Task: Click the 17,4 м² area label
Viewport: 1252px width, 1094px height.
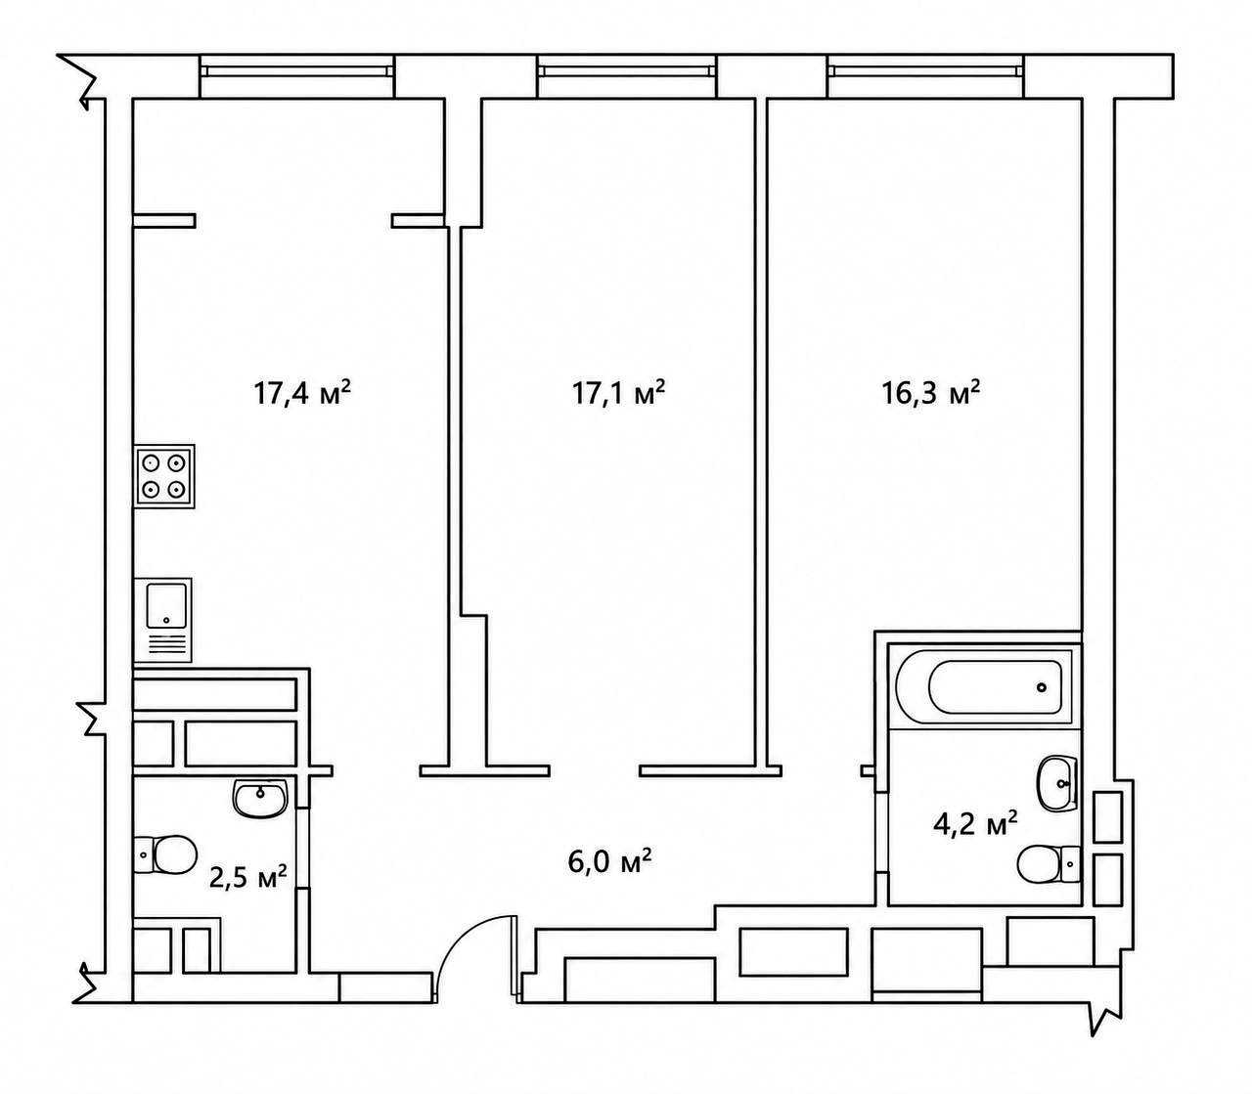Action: (x=302, y=393)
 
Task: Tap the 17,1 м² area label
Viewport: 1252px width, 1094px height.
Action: (x=618, y=393)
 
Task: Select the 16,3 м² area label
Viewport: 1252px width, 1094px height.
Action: (x=931, y=393)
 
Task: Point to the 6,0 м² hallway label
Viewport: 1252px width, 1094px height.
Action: (x=608, y=862)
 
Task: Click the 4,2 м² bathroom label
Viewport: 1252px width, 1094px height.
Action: (x=975, y=825)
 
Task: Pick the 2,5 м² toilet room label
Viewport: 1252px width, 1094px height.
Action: (x=247, y=878)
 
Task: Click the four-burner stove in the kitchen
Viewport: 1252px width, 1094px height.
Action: (x=164, y=476)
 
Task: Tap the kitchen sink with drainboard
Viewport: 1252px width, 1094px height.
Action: (x=162, y=620)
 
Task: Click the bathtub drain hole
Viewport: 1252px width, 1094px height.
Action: (x=1042, y=687)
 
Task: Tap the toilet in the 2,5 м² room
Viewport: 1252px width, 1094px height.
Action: (x=165, y=854)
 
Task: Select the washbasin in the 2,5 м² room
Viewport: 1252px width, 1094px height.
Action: (x=260, y=797)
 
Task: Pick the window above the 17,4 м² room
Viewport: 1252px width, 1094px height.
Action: (x=296, y=71)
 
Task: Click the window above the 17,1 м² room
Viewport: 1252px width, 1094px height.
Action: (x=627, y=71)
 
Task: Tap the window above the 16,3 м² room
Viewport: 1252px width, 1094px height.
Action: (x=925, y=71)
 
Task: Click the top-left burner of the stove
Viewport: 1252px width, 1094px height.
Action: (x=151, y=462)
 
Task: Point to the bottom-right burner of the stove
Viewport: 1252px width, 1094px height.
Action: (x=177, y=489)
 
